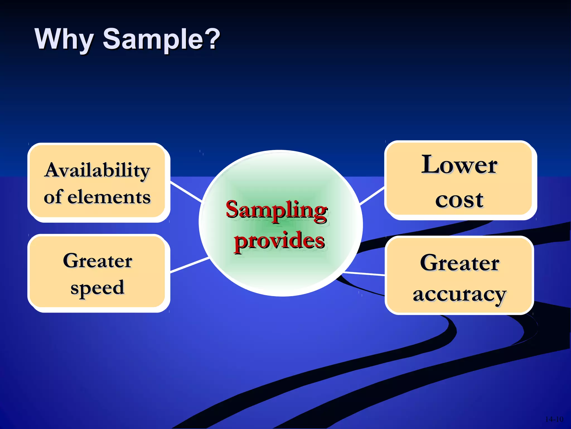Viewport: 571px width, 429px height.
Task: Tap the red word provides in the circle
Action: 279,241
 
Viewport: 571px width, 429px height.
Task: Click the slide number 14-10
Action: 554,419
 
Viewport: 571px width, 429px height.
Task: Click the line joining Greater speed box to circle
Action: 190,265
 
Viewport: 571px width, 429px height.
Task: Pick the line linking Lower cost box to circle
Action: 372,196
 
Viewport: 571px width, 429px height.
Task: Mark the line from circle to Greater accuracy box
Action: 365,273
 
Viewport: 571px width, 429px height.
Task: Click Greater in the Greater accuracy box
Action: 459,263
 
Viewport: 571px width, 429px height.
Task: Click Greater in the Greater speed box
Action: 98,261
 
